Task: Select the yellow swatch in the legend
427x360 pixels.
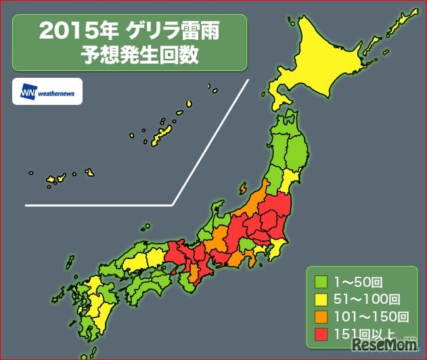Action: [x=321, y=298]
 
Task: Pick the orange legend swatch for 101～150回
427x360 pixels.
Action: [x=321, y=315]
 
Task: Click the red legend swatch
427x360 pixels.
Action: [x=321, y=333]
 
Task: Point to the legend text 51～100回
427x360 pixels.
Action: [x=366, y=298]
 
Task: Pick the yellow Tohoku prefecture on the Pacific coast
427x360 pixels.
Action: [x=291, y=180]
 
